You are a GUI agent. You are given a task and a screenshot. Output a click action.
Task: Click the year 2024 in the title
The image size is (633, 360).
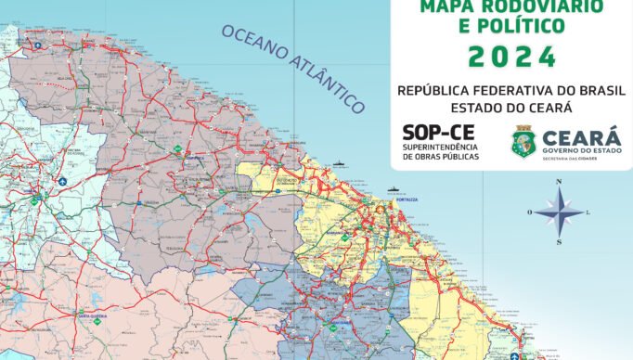[512, 57]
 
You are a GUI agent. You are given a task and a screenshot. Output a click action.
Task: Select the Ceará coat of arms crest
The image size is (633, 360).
[523, 141]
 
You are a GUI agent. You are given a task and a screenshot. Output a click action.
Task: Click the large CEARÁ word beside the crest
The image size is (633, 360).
[582, 134]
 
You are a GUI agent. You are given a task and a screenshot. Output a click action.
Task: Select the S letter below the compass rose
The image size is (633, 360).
[560, 242]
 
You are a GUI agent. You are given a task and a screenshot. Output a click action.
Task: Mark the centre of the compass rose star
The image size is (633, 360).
[560, 212]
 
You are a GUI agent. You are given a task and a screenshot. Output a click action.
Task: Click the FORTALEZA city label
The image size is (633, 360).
[406, 200]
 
